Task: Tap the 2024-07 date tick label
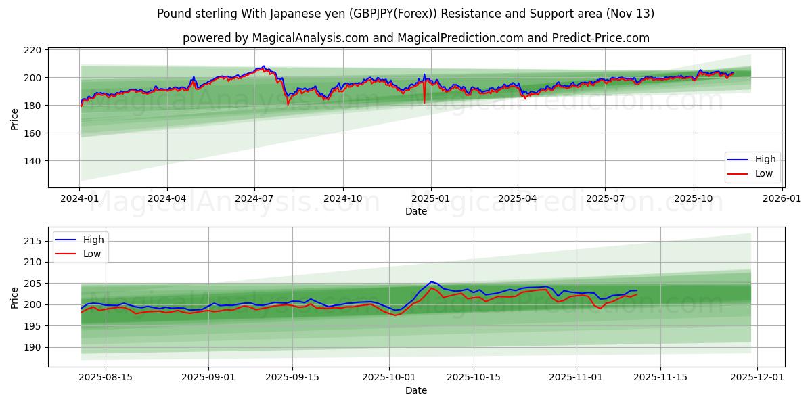(x=254, y=199)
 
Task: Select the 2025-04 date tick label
(x=518, y=199)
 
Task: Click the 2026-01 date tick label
(x=782, y=199)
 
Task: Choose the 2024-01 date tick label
(x=79, y=199)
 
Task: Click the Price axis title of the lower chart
(x=15, y=297)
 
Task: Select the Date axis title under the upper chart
(x=415, y=211)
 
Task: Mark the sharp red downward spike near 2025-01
(x=424, y=101)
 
